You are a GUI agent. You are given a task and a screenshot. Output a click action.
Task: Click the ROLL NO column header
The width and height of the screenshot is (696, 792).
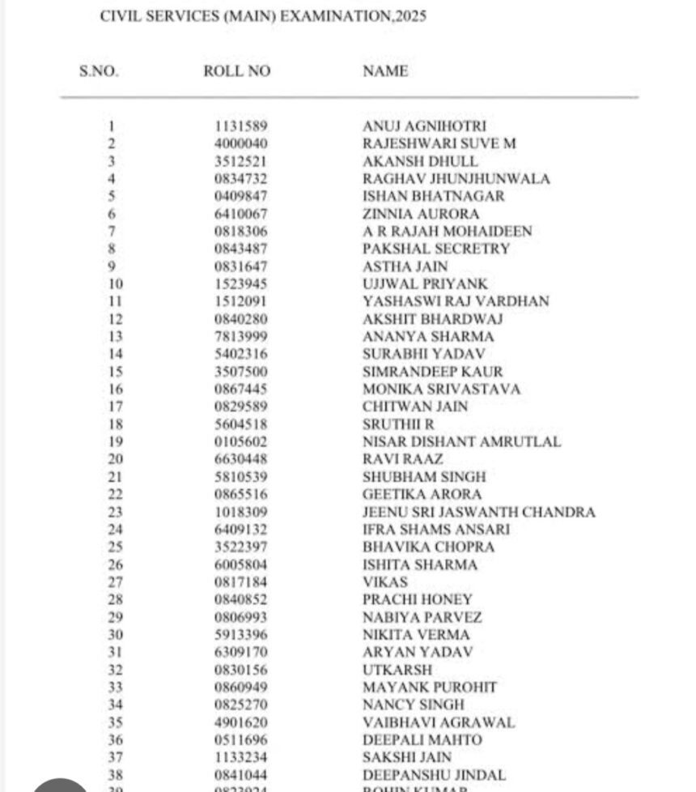[x=236, y=71]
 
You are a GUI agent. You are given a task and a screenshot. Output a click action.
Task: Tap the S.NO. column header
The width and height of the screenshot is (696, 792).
[x=99, y=71]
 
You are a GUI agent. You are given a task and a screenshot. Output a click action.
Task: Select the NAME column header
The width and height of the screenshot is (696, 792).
[x=385, y=71]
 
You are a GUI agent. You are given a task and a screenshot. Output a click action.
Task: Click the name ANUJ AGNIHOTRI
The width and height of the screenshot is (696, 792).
[x=424, y=126]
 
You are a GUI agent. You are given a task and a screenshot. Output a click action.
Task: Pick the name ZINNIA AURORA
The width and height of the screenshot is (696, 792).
[x=421, y=215]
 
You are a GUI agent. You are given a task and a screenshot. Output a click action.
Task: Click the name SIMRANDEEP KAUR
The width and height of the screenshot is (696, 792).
[x=433, y=372]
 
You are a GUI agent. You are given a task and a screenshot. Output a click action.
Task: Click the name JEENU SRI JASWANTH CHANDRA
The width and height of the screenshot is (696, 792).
[x=479, y=513]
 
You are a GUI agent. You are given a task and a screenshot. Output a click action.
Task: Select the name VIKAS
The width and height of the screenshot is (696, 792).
[x=385, y=582]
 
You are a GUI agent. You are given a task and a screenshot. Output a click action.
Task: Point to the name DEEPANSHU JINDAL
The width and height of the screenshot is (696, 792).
[x=435, y=775]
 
